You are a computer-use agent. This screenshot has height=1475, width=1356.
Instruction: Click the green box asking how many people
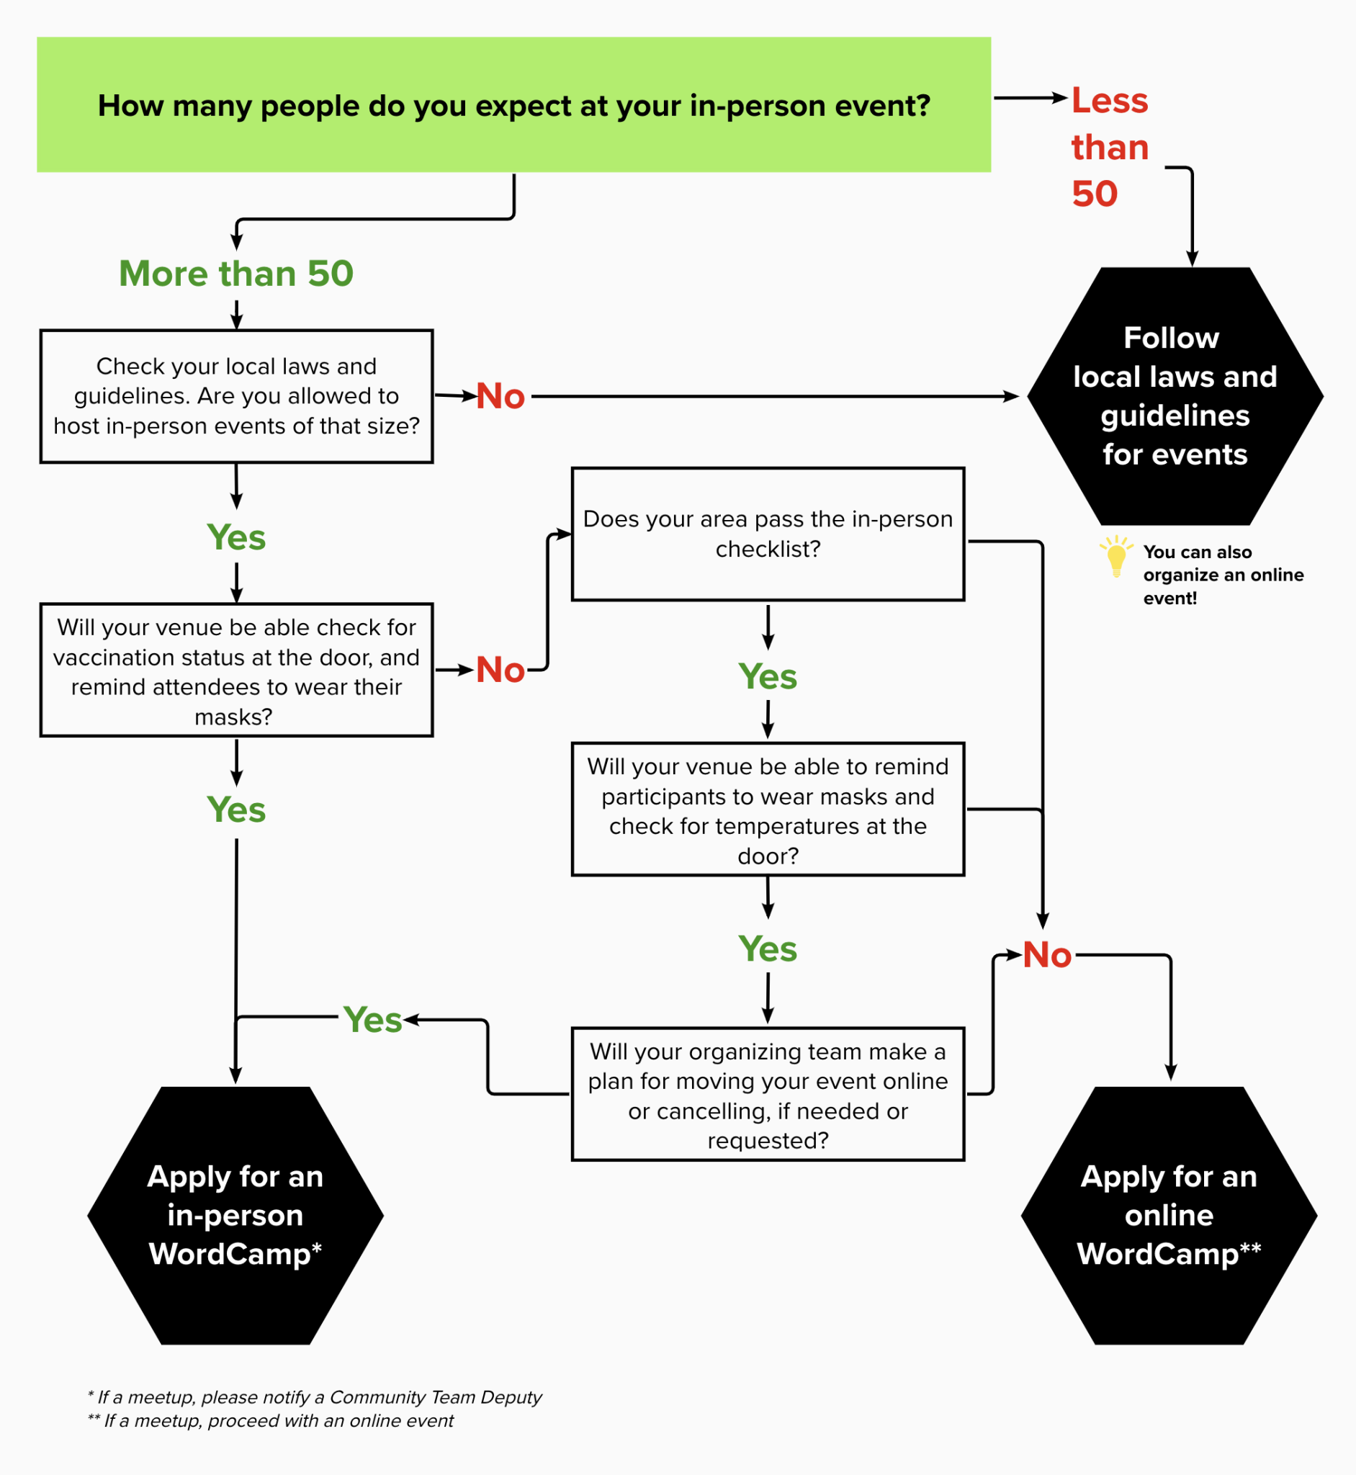(513, 105)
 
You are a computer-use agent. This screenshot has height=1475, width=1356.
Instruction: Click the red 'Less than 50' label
(1109, 147)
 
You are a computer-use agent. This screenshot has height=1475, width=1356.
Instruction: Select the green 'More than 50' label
(236, 274)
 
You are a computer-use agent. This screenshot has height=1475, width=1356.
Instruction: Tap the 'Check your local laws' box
(236, 396)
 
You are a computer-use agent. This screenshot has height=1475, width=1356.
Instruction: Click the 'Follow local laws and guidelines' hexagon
(1174, 396)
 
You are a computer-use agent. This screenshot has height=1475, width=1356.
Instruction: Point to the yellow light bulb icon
(1116, 556)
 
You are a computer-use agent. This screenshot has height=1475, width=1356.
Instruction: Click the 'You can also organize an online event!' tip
(1223, 575)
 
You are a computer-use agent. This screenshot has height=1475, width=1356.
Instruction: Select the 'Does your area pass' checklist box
(768, 534)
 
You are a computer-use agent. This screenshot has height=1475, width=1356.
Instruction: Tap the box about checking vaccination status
(236, 670)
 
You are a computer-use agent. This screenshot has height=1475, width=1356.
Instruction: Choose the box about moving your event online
(768, 1094)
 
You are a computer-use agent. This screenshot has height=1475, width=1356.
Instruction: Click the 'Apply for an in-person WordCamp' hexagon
(235, 1215)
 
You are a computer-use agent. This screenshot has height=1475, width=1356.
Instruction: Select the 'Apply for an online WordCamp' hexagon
(1169, 1215)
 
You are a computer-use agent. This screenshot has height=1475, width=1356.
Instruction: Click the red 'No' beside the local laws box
(500, 396)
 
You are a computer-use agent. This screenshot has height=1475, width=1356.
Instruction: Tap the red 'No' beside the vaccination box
(500, 670)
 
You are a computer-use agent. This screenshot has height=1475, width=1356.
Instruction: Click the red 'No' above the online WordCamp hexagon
(1047, 956)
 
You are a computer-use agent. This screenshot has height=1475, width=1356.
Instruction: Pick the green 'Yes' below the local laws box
(236, 537)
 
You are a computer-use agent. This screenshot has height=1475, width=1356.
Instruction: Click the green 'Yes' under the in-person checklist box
(768, 676)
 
